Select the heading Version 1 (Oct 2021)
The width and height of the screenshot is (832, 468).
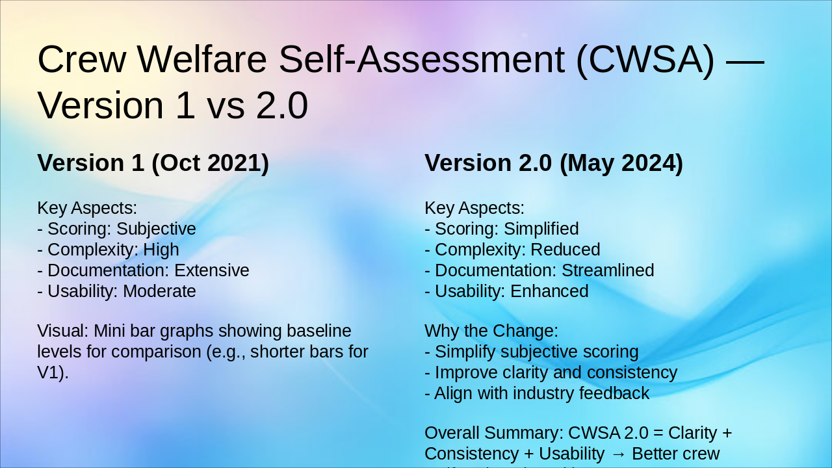point(153,163)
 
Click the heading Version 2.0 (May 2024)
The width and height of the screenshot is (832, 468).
point(554,163)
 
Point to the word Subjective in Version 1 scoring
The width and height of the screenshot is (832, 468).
point(156,229)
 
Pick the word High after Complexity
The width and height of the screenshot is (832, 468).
point(161,250)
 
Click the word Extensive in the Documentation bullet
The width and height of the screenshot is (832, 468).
point(212,270)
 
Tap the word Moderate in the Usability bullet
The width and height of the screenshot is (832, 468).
point(159,291)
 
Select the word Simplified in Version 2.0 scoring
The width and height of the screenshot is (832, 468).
point(541,229)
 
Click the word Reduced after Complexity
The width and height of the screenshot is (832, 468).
point(565,250)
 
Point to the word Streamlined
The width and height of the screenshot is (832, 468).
point(608,270)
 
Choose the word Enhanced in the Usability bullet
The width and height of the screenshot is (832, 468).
point(549,291)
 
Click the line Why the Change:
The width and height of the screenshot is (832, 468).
point(491,331)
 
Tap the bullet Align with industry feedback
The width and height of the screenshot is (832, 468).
point(537,393)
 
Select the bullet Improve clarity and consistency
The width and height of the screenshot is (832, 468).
point(551,372)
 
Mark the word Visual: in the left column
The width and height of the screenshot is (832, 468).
point(63,331)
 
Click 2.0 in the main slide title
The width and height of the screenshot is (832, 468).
point(282,106)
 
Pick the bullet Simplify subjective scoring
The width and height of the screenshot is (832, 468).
point(532,352)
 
